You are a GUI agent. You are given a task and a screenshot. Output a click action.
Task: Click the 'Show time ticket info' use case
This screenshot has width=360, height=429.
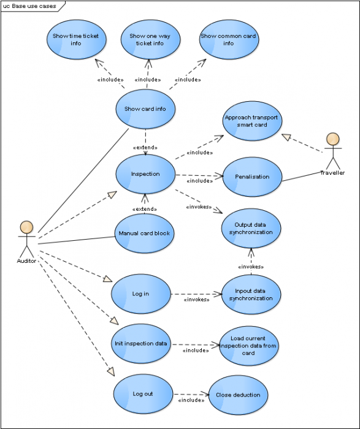click(76, 40)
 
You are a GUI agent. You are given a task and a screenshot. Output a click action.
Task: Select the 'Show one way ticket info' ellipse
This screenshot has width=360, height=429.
click(147, 40)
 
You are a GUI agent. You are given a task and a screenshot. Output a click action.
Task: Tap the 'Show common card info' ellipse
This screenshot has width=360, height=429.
click(228, 40)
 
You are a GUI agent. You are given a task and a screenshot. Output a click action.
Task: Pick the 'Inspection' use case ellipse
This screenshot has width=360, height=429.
click(145, 174)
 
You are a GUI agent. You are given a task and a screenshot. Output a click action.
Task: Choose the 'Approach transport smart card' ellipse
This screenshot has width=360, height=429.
click(251, 121)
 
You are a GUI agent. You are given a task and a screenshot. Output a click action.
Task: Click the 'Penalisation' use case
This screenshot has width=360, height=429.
click(251, 177)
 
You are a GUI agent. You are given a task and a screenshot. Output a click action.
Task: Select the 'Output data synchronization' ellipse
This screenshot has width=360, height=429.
click(251, 229)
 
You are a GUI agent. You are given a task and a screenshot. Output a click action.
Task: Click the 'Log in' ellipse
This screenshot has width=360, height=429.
click(140, 294)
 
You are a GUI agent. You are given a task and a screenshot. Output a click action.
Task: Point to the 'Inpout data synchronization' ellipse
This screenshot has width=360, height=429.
click(251, 294)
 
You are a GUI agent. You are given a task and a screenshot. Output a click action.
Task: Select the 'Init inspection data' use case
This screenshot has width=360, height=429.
click(140, 343)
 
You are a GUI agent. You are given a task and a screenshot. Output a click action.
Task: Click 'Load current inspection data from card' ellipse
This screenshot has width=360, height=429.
click(248, 346)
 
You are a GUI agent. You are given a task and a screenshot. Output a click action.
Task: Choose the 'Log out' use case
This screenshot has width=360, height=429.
click(142, 394)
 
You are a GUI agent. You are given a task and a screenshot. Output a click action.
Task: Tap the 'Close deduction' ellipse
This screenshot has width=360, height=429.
click(238, 395)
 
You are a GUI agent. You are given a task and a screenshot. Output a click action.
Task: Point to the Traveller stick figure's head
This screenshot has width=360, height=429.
click(332, 139)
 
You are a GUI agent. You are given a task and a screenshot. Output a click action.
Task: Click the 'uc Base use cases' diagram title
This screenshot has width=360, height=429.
click(29, 6)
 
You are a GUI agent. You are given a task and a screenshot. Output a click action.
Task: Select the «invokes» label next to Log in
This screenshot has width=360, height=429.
click(197, 300)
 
